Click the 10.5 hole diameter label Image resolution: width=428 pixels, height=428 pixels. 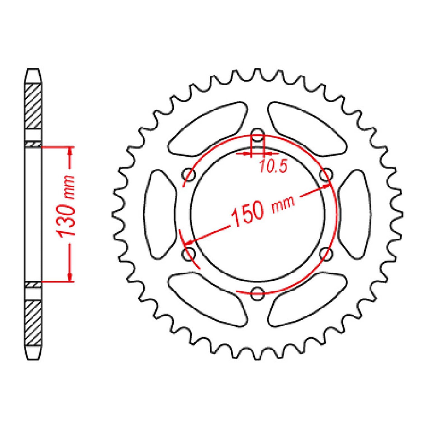click(x=273, y=166)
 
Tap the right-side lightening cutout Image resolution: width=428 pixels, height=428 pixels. click(x=355, y=214)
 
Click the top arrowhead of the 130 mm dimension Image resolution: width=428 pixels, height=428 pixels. click(x=70, y=151)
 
